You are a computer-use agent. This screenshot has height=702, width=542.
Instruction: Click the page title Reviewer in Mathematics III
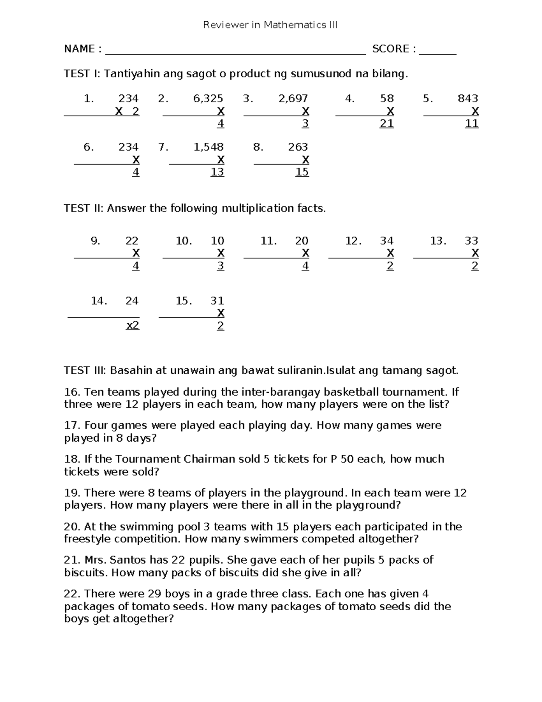pyautogui.click(x=270, y=25)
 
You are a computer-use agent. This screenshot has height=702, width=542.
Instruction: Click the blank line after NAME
pyautogui.click(x=235, y=52)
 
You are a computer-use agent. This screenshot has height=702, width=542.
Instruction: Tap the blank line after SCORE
pyautogui.click(x=437, y=52)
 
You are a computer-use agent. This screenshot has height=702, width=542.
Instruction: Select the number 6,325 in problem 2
pyautogui.click(x=208, y=99)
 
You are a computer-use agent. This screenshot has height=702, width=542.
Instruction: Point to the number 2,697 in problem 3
pyautogui.click(x=293, y=99)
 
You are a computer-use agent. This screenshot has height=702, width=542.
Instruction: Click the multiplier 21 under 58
pyautogui.click(x=387, y=123)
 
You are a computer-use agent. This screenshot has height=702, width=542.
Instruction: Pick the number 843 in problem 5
pyautogui.click(x=467, y=99)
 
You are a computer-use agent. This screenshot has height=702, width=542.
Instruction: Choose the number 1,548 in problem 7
pyautogui.click(x=208, y=147)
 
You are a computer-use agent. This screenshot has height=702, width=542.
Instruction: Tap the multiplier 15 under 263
pyautogui.click(x=302, y=172)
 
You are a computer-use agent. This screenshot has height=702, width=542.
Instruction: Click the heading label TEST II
pyautogui.click(x=84, y=208)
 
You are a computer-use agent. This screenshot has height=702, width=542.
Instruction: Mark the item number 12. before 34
pyautogui.click(x=353, y=241)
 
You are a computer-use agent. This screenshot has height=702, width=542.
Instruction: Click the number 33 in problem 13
pyautogui.click(x=472, y=241)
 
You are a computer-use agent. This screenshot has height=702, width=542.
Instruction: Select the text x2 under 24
pyautogui.click(x=132, y=325)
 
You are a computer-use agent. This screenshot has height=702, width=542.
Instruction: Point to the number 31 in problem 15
pyautogui.click(x=217, y=301)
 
